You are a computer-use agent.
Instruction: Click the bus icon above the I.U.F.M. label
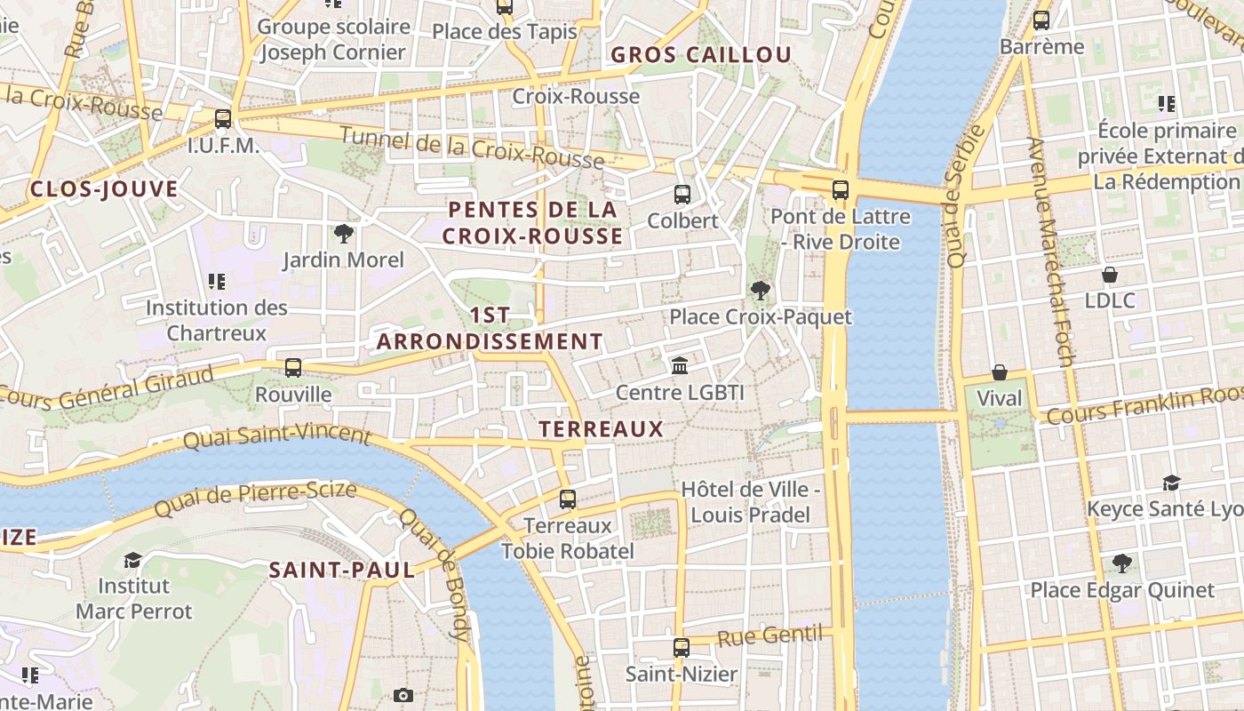pyautogui.click(x=223, y=118)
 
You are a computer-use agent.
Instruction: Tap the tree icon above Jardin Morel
pyautogui.click(x=343, y=234)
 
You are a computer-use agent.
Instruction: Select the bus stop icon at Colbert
pyautogui.click(x=682, y=194)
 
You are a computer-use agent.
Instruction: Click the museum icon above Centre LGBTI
pyautogui.click(x=680, y=365)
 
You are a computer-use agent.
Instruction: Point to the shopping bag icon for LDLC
pyautogui.click(x=1109, y=275)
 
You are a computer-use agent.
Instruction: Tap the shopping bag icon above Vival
pyautogui.click(x=1000, y=371)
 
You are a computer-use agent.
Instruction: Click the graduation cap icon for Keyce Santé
pyautogui.click(x=1171, y=483)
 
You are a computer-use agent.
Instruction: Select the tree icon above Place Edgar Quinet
pyautogui.click(x=1121, y=563)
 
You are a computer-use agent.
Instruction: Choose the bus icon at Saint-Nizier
pyautogui.click(x=681, y=648)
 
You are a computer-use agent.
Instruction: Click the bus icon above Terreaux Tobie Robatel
pyautogui.click(x=568, y=499)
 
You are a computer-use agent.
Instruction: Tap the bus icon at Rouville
pyautogui.click(x=293, y=367)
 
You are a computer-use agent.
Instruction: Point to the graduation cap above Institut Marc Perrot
pyautogui.click(x=133, y=560)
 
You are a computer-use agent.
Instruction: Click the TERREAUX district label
pyautogui.click(x=602, y=428)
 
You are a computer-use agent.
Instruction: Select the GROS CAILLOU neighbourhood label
pyautogui.click(x=701, y=54)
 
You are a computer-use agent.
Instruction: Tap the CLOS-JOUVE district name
pyautogui.click(x=104, y=188)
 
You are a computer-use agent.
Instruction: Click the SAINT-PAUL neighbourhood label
pyautogui.click(x=342, y=570)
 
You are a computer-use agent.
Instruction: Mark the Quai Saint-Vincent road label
pyautogui.click(x=276, y=435)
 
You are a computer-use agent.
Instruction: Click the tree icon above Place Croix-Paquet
pyautogui.click(x=760, y=290)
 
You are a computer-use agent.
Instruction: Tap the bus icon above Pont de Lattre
pyautogui.click(x=841, y=189)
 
